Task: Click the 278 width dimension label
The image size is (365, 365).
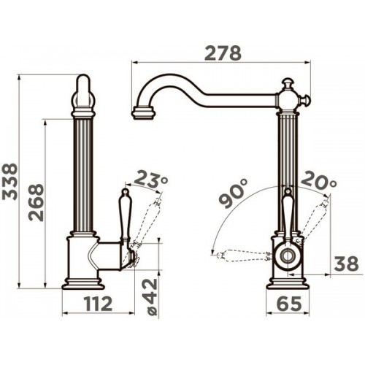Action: pyautogui.click(x=223, y=53)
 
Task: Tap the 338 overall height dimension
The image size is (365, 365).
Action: pyautogui.click(x=9, y=182)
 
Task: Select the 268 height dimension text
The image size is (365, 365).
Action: pyautogui.click(x=36, y=203)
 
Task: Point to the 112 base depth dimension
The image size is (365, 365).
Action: pyautogui.click(x=98, y=304)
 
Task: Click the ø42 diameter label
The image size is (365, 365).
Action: pyautogui.click(x=150, y=297)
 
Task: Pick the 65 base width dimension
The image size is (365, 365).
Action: pyautogui.click(x=289, y=304)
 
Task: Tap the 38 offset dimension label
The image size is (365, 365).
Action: pyautogui.click(x=346, y=264)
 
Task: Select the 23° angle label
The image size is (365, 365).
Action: pyautogui.click(x=151, y=180)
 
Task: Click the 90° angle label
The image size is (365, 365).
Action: pyautogui.click(x=233, y=193)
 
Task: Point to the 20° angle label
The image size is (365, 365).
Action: pyautogui.click(x=319, y=180)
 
